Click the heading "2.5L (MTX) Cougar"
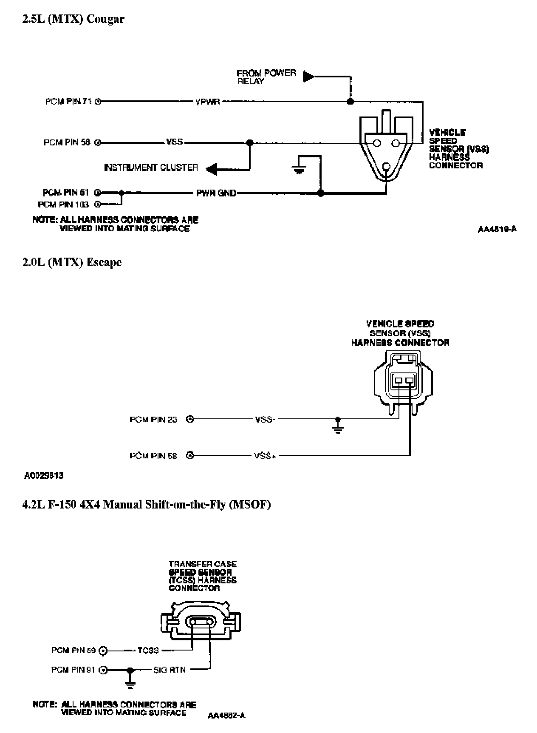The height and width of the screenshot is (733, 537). click(x=73, y=20)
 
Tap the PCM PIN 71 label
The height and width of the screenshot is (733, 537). click(x=68, y=102)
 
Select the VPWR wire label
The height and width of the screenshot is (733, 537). click(x=207, y=102)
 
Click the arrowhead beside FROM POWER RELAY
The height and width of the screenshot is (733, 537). click(x=308, y=77)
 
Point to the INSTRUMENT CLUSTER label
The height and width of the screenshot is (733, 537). click(x=151, y=168)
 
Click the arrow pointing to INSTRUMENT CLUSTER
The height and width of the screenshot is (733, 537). click(x=212, y=169)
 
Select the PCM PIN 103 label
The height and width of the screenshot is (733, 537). click(x=63, y=205)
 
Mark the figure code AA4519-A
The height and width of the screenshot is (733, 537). click(x=497, y=230)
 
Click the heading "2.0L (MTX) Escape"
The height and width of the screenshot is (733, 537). click(x=72, y=262)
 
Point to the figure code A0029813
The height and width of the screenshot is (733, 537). click(x=44, y=475)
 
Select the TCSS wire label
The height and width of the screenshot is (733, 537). click(x=148, y=651)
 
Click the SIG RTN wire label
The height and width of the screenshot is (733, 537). click(x=170, y=670)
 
